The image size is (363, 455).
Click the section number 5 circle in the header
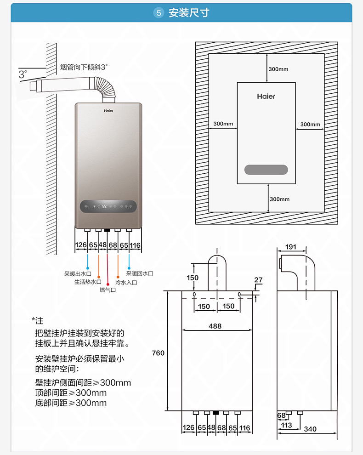click(159, 13)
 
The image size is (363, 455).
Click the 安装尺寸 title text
click(188, 13)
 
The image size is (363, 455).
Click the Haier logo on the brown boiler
click(108, 111)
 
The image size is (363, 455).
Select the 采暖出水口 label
click(78, 273)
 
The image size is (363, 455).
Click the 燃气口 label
click(108, 290)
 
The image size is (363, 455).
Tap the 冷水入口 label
click(126, 282)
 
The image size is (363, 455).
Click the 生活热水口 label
click(88, 282)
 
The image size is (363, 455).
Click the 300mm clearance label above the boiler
click(278, 69)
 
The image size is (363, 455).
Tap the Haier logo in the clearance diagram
click(266, 97)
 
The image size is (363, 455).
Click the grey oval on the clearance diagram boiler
click(266, 170)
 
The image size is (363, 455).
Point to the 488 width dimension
click(215, 326)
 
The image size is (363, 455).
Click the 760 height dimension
click(158, 353)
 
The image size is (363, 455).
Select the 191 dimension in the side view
click(291, 247)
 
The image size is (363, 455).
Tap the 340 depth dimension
click(310, 429)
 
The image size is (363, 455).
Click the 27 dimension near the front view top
click(258, 280)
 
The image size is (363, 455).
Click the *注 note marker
click(37, 321)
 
